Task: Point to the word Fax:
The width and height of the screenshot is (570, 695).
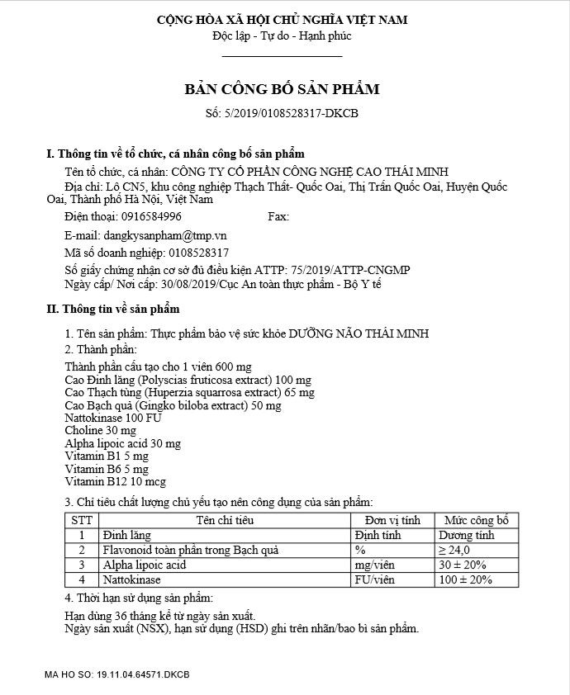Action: click(x=278, y=216)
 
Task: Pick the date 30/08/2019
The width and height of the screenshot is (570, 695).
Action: click(x=189, y=284)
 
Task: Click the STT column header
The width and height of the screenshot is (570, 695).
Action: click(x=82, y=521)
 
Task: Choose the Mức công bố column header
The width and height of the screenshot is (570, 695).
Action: click(x=476, y=521)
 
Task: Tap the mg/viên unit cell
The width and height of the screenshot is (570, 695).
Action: click(x=373, y=565)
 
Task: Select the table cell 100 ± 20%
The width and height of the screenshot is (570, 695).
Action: click(x=465, y=579)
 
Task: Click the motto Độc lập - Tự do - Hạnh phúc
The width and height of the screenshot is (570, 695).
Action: click(x=282, y=36)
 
